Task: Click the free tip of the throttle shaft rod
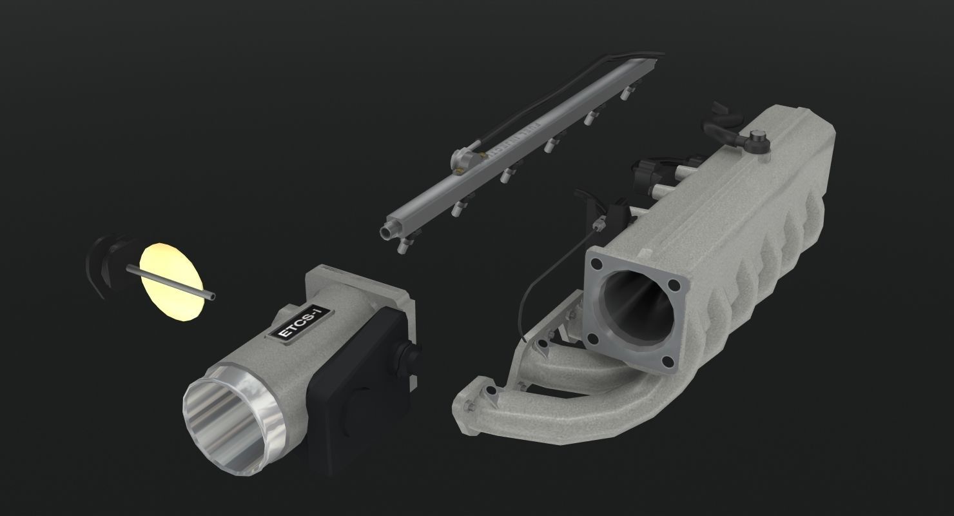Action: point(213,297)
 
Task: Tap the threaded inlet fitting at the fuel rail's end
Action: point(387,230)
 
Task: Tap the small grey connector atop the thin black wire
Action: point(601,224)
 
